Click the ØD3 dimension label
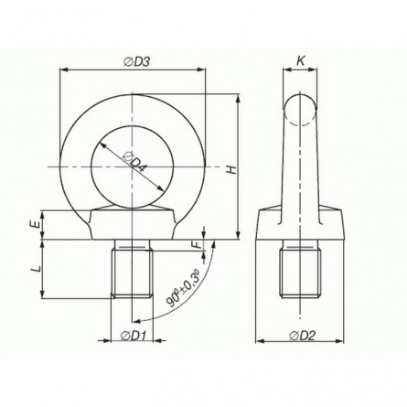pyautogui.click(x=136, y=61)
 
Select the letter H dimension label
pyautogui.click(x=232, y=170)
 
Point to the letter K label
pyautogui.click(x=301, y=61)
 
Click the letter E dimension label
pyautogui.click(x=36, y=225)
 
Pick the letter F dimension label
pyautogui.click(x=198, y=244)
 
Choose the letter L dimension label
pyautogui.click(x=37, y=269)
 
